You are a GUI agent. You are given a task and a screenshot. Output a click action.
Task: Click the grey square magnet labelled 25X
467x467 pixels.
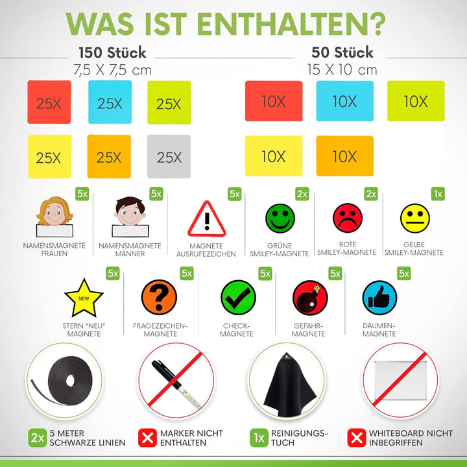click(169, 156)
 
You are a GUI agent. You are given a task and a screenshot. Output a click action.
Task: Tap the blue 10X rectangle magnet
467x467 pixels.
click(344, 101)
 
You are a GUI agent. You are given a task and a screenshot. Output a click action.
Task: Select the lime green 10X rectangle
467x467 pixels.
click(416, 101)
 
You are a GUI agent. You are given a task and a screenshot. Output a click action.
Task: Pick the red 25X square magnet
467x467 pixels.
click(49, 102)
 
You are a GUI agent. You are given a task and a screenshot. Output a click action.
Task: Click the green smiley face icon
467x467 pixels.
click(280, 218)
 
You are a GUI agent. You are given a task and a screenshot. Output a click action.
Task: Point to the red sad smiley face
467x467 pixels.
click(348, 218)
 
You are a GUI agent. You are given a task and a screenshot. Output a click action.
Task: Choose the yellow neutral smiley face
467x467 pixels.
click(415, 218)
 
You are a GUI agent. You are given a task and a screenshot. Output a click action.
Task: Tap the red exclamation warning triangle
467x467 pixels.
click(206, 219)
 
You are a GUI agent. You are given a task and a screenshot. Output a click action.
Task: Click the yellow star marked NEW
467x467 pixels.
click(84, 298)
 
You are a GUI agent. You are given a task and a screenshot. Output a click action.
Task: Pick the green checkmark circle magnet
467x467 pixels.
click(238, 298)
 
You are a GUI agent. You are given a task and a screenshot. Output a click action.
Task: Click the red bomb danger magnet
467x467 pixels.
click(309, 298)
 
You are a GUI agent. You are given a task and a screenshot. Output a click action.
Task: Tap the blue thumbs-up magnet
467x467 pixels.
click(379, 298)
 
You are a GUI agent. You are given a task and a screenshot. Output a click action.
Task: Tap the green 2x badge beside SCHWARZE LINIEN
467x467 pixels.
click(37, 438)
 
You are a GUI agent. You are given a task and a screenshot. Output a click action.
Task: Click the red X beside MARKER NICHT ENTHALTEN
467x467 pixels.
click(149, 438)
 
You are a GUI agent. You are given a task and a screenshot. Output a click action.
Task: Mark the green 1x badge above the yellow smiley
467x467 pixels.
click(438, 194)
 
